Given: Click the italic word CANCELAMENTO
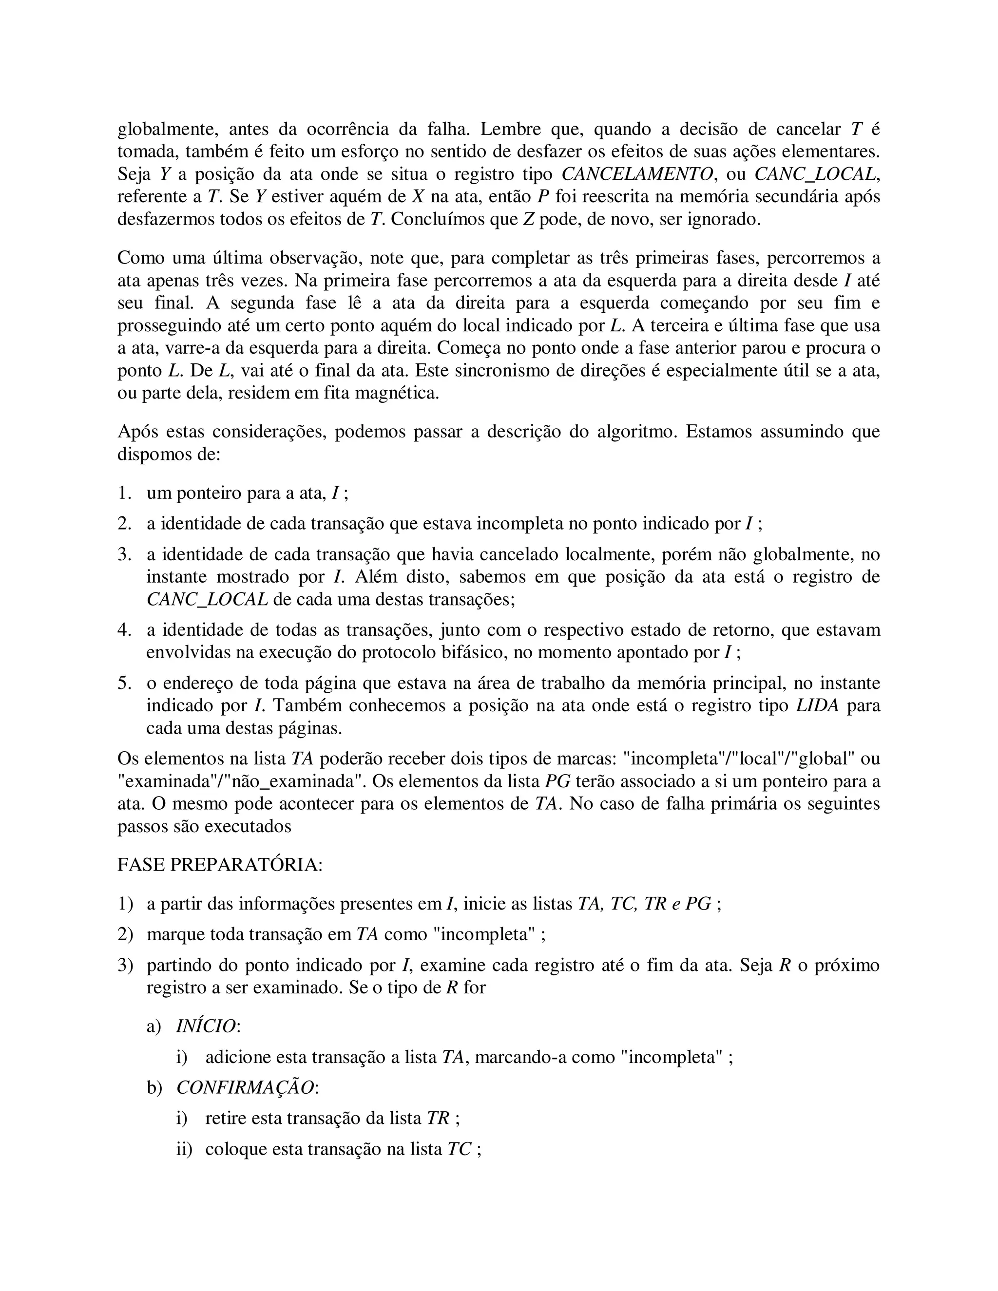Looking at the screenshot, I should (x=637, y=174).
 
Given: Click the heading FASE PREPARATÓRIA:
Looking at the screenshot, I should (x=220, y=864).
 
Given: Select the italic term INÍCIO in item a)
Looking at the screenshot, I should (x=206, y=1025).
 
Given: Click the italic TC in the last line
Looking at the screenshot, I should (x=460, y=1149).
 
